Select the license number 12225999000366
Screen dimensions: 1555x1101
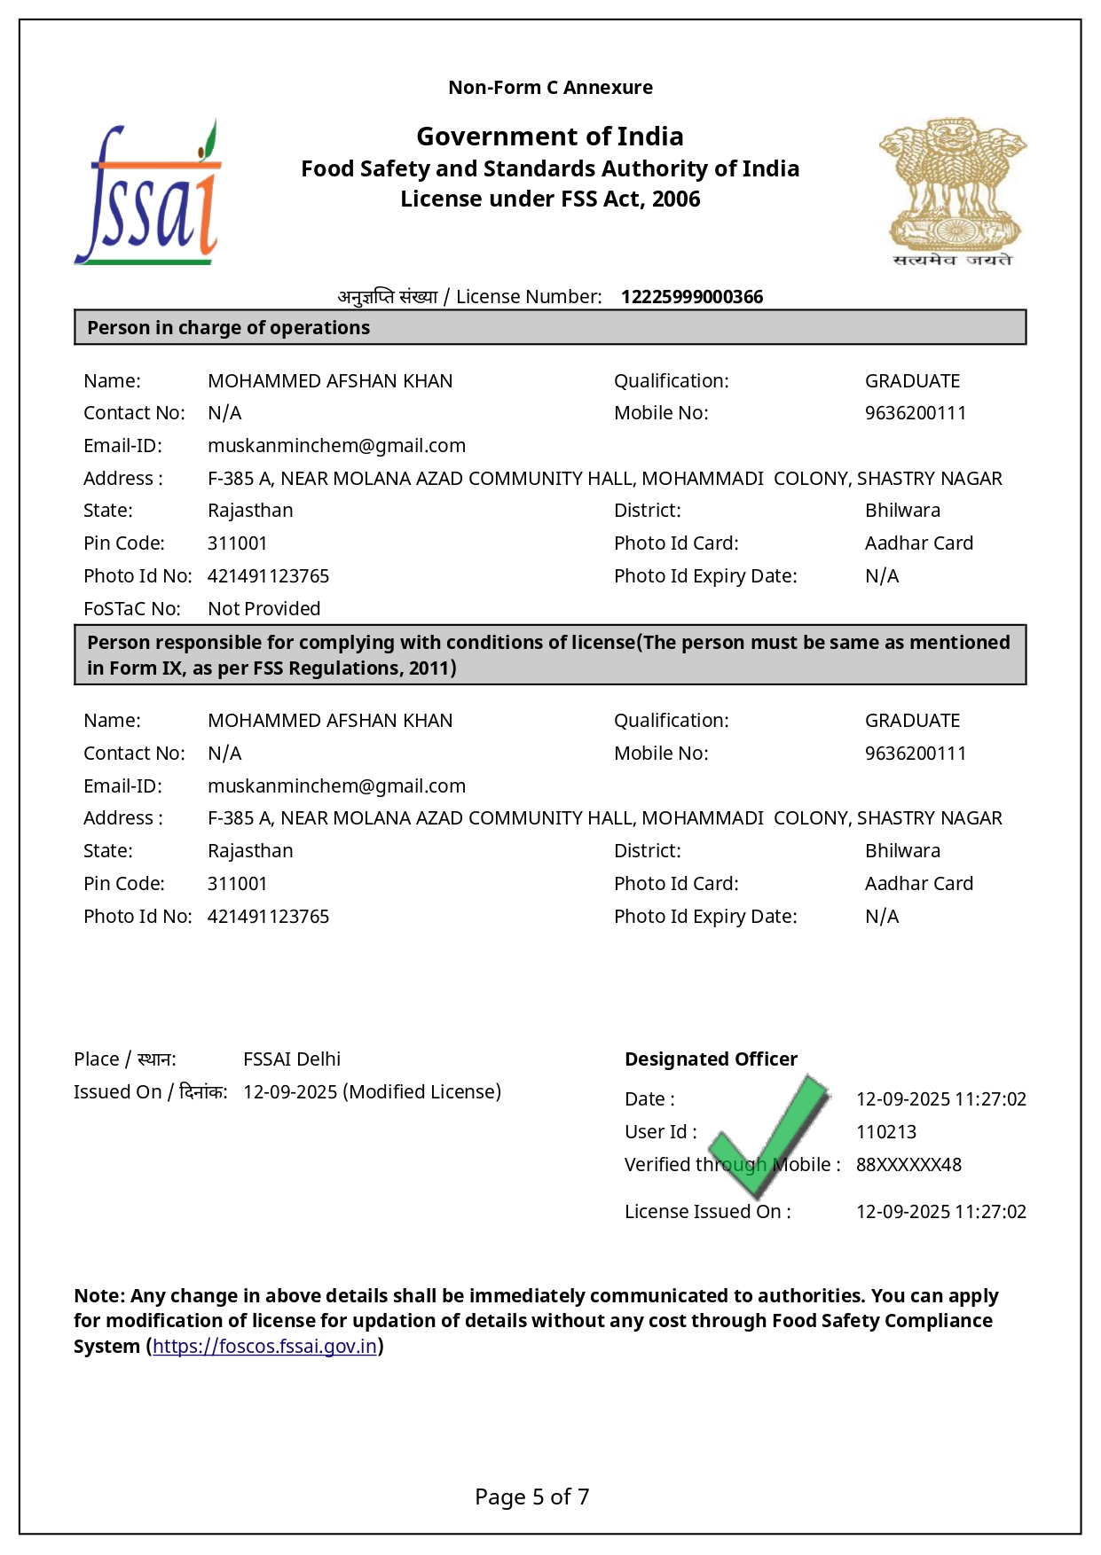click(691, 297)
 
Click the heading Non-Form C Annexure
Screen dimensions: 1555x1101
click(550, 88)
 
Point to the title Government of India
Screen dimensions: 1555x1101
click(550, 137)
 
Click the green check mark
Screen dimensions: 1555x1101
click(770, 1133)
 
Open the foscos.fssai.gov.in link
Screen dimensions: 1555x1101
click(264, 1346)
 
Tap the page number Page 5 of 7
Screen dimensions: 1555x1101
click(531, 1496)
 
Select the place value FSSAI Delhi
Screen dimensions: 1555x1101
click(292, 1059)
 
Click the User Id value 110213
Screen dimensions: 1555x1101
click(885, 1132)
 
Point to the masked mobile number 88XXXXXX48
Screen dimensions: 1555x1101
click(908, 1165)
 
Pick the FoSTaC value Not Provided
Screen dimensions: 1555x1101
click(263, 609)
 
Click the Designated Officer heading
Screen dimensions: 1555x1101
click(711, 1059)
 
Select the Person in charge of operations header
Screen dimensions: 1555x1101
click(228, 328)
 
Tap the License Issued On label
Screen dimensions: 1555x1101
click(707, 1212)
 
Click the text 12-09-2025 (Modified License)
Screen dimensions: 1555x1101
click(372, 1092)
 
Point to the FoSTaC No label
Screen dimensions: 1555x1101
click(131, 609)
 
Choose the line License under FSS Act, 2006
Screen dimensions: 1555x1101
click(550, 199)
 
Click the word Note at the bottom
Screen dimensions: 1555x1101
click(98, 1296)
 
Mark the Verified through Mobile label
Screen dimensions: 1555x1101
click(732, 1165)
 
